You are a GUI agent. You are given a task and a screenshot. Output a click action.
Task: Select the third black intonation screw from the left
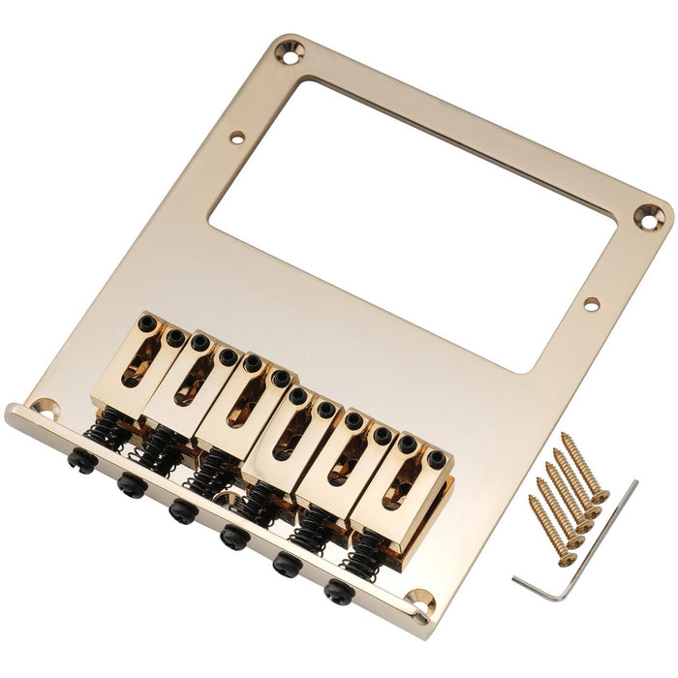(x=181, y=509)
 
